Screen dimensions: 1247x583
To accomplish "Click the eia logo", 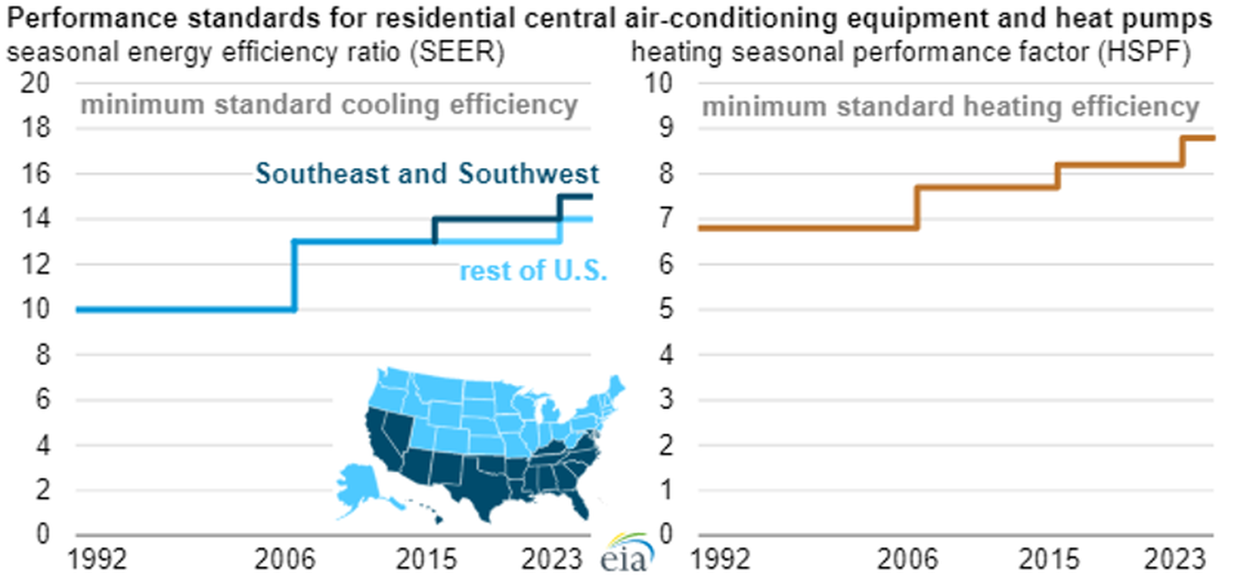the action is pyautogui.click(x=627, y=552).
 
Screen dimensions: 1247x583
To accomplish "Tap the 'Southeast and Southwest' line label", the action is pyautogui.click(x=427, y=174).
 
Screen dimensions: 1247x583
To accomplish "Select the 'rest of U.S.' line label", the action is pyautogui.click(x=533, y=271).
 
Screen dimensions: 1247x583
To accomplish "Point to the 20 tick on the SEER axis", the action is pyautogui.click(x=35, y=83).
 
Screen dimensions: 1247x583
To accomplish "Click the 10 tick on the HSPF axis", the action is pyautogui.click(x=659, y=83).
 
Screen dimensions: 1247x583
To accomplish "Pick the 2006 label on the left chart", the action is pyautogui.click(x=285, y=559).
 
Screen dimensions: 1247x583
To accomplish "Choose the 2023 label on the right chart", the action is pyautogui.click(x=1175, y=559).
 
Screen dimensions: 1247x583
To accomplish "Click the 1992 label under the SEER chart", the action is pyautogui.click(x=98, y=559).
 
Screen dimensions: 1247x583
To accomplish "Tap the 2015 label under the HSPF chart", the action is pyautogui.click(x=1049, y=559).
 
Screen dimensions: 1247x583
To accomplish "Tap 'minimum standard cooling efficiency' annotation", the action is pyautogui.click(x=329, y=106).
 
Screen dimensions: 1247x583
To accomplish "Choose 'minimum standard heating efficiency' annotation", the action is pyautogui.click(x=951, y=106).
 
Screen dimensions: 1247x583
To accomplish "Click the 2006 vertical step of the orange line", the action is pyautogui.click(x=917, y=208).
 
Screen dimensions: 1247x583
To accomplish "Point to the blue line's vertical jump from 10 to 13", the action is pyautogui.click(x=295, y=276).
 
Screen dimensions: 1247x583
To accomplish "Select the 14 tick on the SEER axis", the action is pyautogui.click(x=35, y=219).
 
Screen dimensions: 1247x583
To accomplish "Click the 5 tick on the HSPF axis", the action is pyautogui.click(x=666, y=310).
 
